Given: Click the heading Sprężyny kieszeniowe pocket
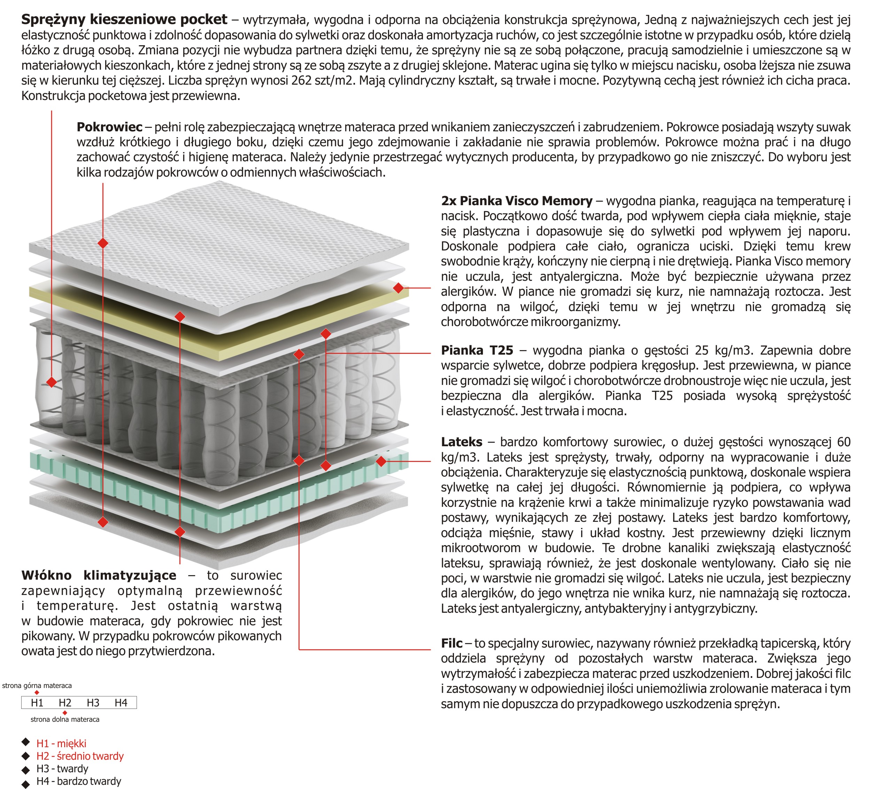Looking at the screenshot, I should pyautogui.click(x=124, y=20).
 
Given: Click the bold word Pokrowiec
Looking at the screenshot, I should pyautogui.click(x=109, y=127).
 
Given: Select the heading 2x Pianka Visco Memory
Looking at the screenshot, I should pyautogui.click(x=516, y=201).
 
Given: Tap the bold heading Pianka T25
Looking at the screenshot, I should pyautogui.click(x=477, y=350).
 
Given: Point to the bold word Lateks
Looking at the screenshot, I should pyautogui.click(x=461, y=442).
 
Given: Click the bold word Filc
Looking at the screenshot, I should pyautogui.click(x=452, y=643).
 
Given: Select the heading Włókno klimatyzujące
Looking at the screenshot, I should pyautogui.click(x=99, y=575).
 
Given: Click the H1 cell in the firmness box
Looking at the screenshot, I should pyautogui.click(x=37, y=703).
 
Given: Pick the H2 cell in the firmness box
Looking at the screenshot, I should pyautogui.click(x=65, y=703).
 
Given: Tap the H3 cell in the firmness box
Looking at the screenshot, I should pyautogui.click(x=93, y=703).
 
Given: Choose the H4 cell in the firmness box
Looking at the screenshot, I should pyautogui.click(x=121, y=703).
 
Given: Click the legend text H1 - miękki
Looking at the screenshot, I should pyautogui.click(x=61, y=744).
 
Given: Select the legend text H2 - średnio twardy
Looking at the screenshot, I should pyautogui.click(x=80, y=756).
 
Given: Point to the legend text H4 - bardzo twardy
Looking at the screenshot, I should pyautogui.click(x=79, y=781).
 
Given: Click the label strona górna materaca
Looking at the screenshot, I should pyautogui.click(x=37, y=686).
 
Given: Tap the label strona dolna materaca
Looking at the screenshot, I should pyautogui.click(x=65, y=719).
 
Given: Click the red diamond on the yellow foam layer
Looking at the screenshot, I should pyautogui.click(x=398, y=288).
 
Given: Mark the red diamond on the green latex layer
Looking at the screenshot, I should pyautogui.click(x=381, y=462).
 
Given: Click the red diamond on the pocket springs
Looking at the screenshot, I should pyautogui.click(x=52, y=382).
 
